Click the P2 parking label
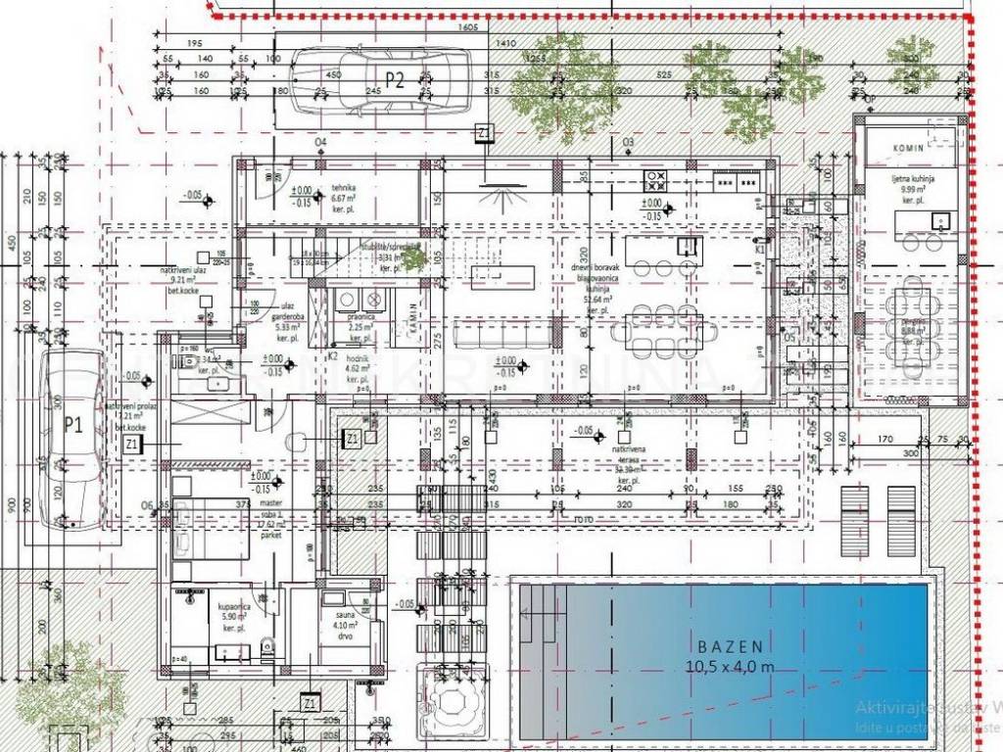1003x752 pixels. coord(394,81)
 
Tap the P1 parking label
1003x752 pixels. coord(71,424)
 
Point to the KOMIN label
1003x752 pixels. coord(908,147)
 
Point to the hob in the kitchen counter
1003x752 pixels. coord(654,180)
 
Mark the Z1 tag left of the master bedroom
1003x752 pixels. coord(133,444)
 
